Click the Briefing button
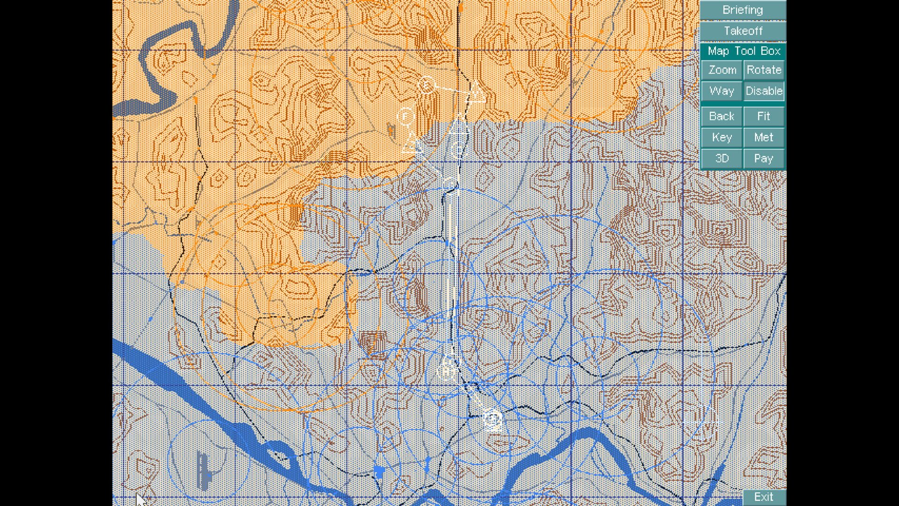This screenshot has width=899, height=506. tap(743, 10)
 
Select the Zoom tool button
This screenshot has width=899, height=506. tap(722, 70)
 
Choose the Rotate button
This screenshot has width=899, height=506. tap(764, 70)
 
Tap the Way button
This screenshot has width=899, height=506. tap(722, 91)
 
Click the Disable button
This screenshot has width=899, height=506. tap(764, 91)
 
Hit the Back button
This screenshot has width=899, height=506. tap(722, 116)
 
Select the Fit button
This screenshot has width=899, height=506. tap(764, 116)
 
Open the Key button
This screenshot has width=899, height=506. tap(722, 137)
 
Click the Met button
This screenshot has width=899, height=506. tap(764, 137)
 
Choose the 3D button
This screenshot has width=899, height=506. tap(722, 158)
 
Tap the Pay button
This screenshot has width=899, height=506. tap(764, 158)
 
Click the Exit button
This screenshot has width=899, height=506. tap(764, 497)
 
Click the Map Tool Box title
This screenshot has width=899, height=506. tap(744, 51)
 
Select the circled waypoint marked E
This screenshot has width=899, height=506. tap(426, 85)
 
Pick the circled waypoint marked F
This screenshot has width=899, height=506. tap(405, 115)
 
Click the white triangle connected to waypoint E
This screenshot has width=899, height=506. tap(476, 93)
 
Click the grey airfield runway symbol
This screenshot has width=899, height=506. tap(203, 471)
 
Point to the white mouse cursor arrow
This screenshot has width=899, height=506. tap(140, 499)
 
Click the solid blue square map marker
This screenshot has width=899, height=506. tap(379, 471)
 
